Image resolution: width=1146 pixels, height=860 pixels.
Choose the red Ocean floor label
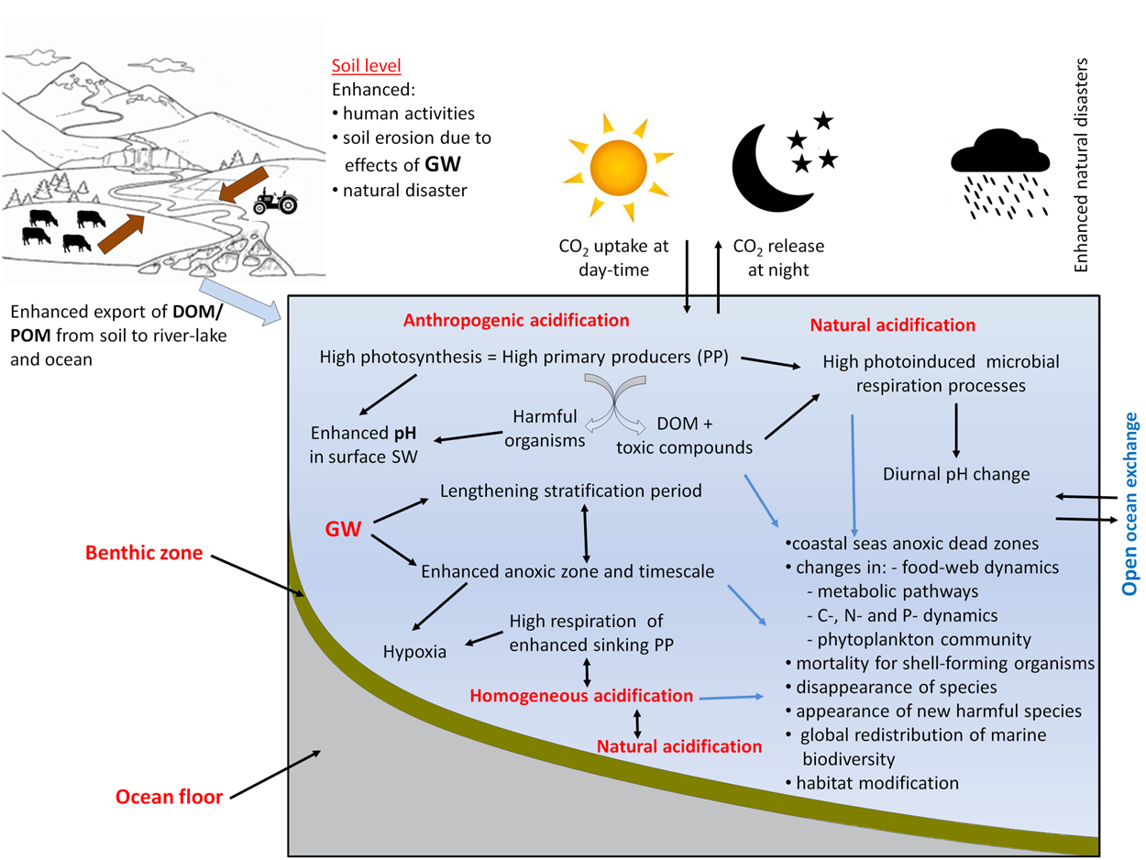(169, 797)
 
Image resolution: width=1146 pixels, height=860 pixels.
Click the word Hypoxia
(413, 653)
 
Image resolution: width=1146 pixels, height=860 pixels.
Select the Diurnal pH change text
(956, 474)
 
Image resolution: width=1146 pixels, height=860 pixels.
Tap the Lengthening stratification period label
(571, 491)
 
